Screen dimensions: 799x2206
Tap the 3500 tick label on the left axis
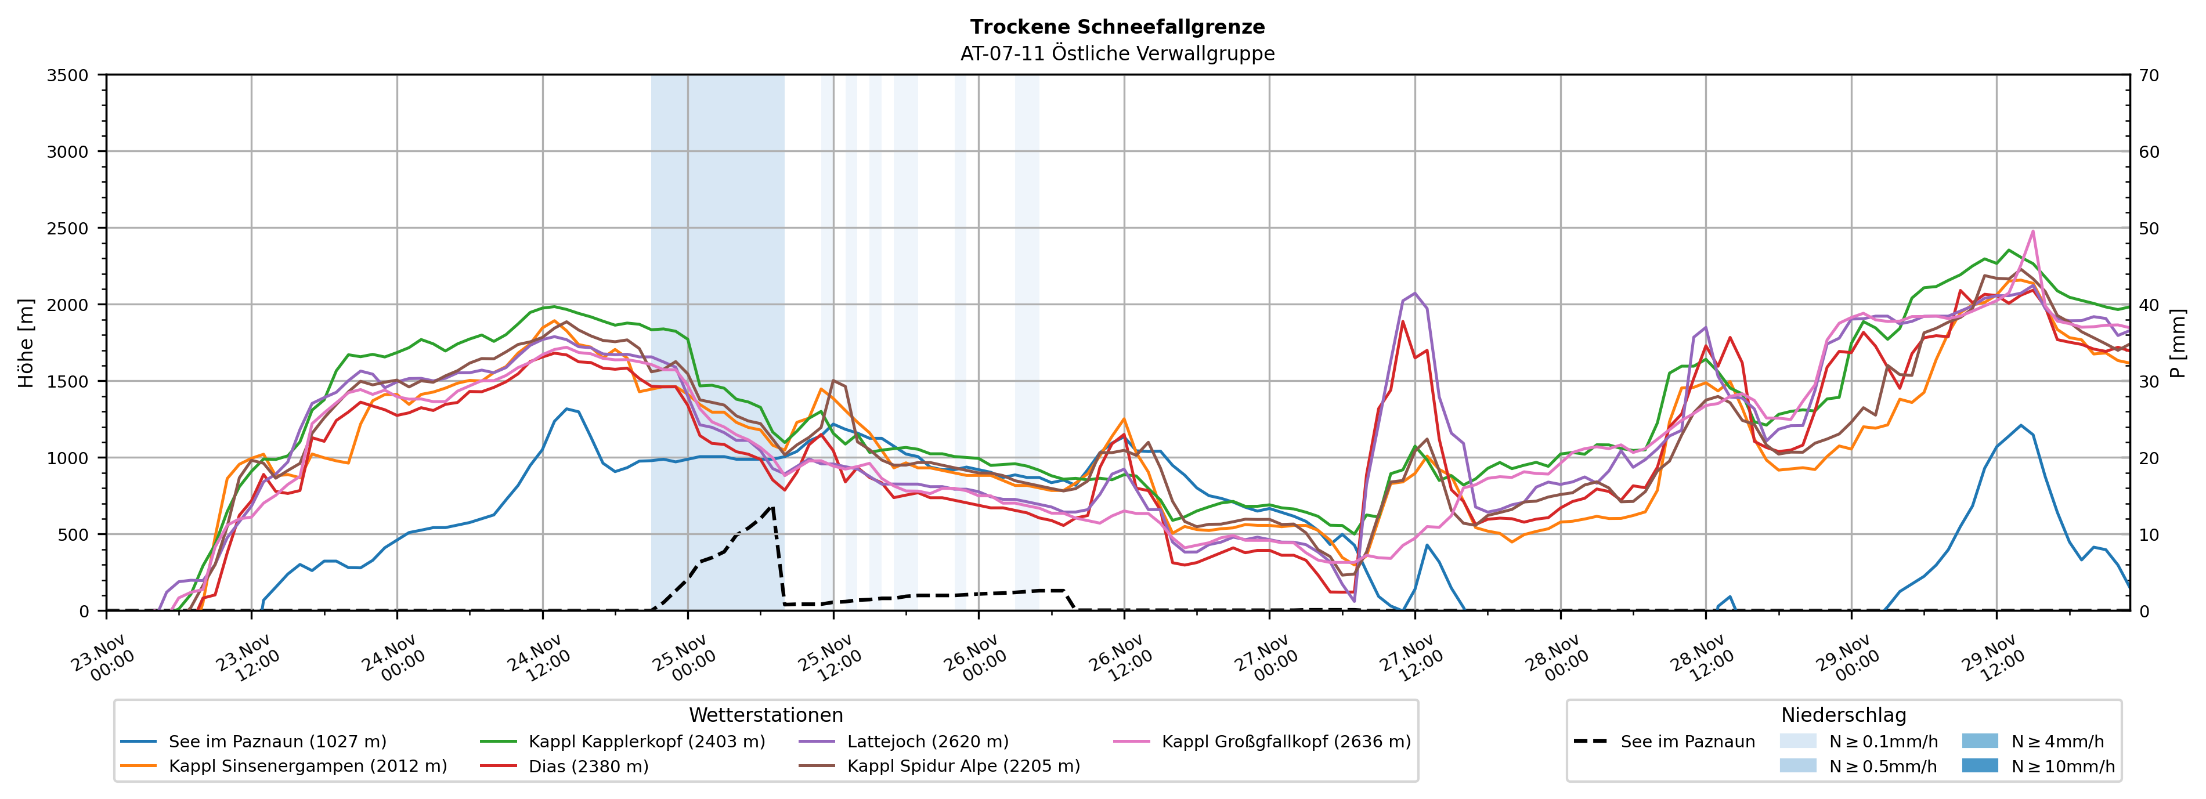tap(68, 75)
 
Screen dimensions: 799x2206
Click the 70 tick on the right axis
tap(2149, 75)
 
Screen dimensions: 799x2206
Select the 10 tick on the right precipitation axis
tap(2149, 534)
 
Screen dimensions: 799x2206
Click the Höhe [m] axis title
tap(27, 342)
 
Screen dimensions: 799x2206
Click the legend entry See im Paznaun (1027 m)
tap(277, 742)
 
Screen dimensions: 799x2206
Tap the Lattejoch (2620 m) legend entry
tap(927, 742)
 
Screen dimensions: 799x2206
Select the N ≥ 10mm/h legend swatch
tap(1980, 765)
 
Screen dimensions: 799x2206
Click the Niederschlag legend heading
tap(1843, 715)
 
